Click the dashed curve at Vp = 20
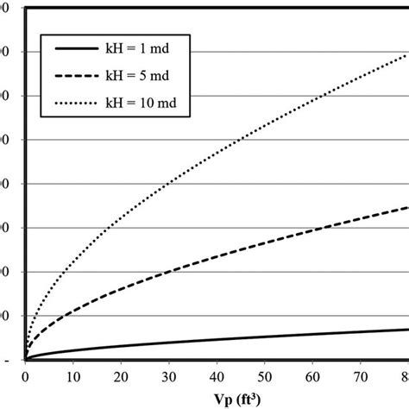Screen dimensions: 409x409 (x=122, y=288)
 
